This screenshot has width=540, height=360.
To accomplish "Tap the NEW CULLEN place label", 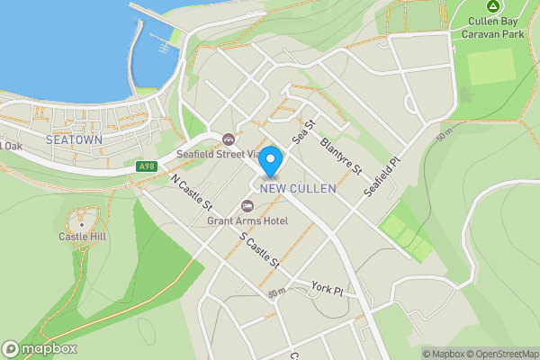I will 297,188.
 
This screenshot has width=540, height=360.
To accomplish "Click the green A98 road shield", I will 148,166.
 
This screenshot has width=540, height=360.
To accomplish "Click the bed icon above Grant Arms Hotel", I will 247,207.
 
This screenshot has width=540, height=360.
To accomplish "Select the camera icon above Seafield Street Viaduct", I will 229,139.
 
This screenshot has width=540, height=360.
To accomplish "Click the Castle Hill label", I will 83,237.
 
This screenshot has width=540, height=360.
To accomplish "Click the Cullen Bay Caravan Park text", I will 492,28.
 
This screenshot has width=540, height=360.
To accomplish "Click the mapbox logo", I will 39,348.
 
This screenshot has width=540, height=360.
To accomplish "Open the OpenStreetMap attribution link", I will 498,354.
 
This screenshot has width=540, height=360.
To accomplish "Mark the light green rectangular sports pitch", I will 490,67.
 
